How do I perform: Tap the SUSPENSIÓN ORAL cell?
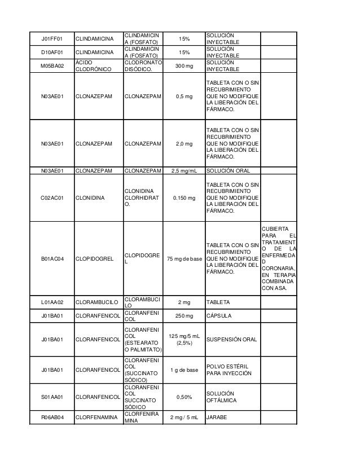pyautogui.click(x=232, y=340)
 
